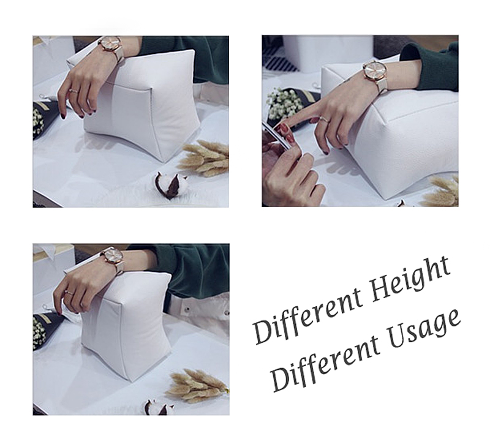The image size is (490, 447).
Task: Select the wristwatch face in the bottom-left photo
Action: click(113, 255)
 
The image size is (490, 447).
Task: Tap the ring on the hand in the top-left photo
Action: click(73, 91)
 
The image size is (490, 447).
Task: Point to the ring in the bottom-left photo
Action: click(69, 292)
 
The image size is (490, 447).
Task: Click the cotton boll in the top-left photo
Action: click(170, 185)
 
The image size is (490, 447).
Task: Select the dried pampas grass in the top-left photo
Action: click(205, 158)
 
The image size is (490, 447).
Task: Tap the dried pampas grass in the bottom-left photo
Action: click(196, 386)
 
